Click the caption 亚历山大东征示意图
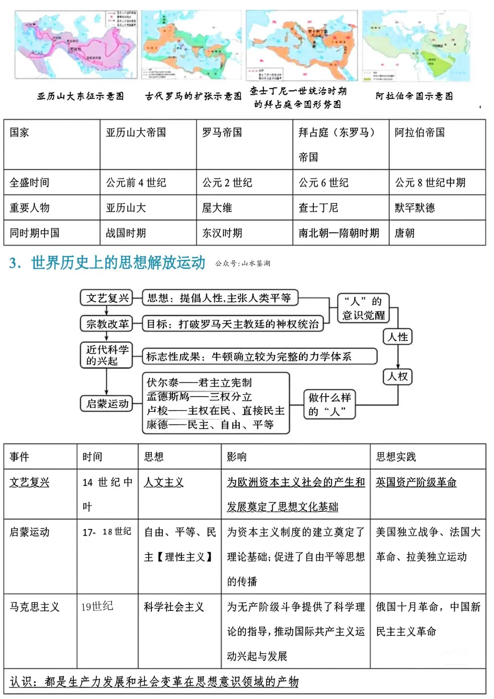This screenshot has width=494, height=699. pos(81,96)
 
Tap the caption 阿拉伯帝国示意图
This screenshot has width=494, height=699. pos(414,96)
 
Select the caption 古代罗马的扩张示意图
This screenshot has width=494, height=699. pos(193,96)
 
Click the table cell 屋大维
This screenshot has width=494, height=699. pos(217,208)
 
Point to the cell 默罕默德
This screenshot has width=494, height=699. pos(415,208)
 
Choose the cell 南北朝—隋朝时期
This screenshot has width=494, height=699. pos(339,233)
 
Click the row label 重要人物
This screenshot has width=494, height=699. pos(30,208)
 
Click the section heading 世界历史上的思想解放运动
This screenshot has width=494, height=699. pos(118,263)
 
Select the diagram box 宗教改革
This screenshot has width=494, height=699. pos(107,324)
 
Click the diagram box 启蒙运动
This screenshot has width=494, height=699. pos(107,403)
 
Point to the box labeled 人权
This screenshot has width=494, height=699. pos(397,376)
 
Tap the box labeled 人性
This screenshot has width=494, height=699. pos(397,337)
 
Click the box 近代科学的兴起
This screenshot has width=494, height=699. pos(107,355)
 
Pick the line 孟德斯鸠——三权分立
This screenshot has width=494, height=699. pos(199,397)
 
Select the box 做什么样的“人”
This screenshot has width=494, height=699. pos(329,404)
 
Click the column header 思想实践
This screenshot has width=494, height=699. pos(396,457)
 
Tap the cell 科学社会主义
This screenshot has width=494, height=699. pos(174,607)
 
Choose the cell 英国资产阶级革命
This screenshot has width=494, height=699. pos(416,482)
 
